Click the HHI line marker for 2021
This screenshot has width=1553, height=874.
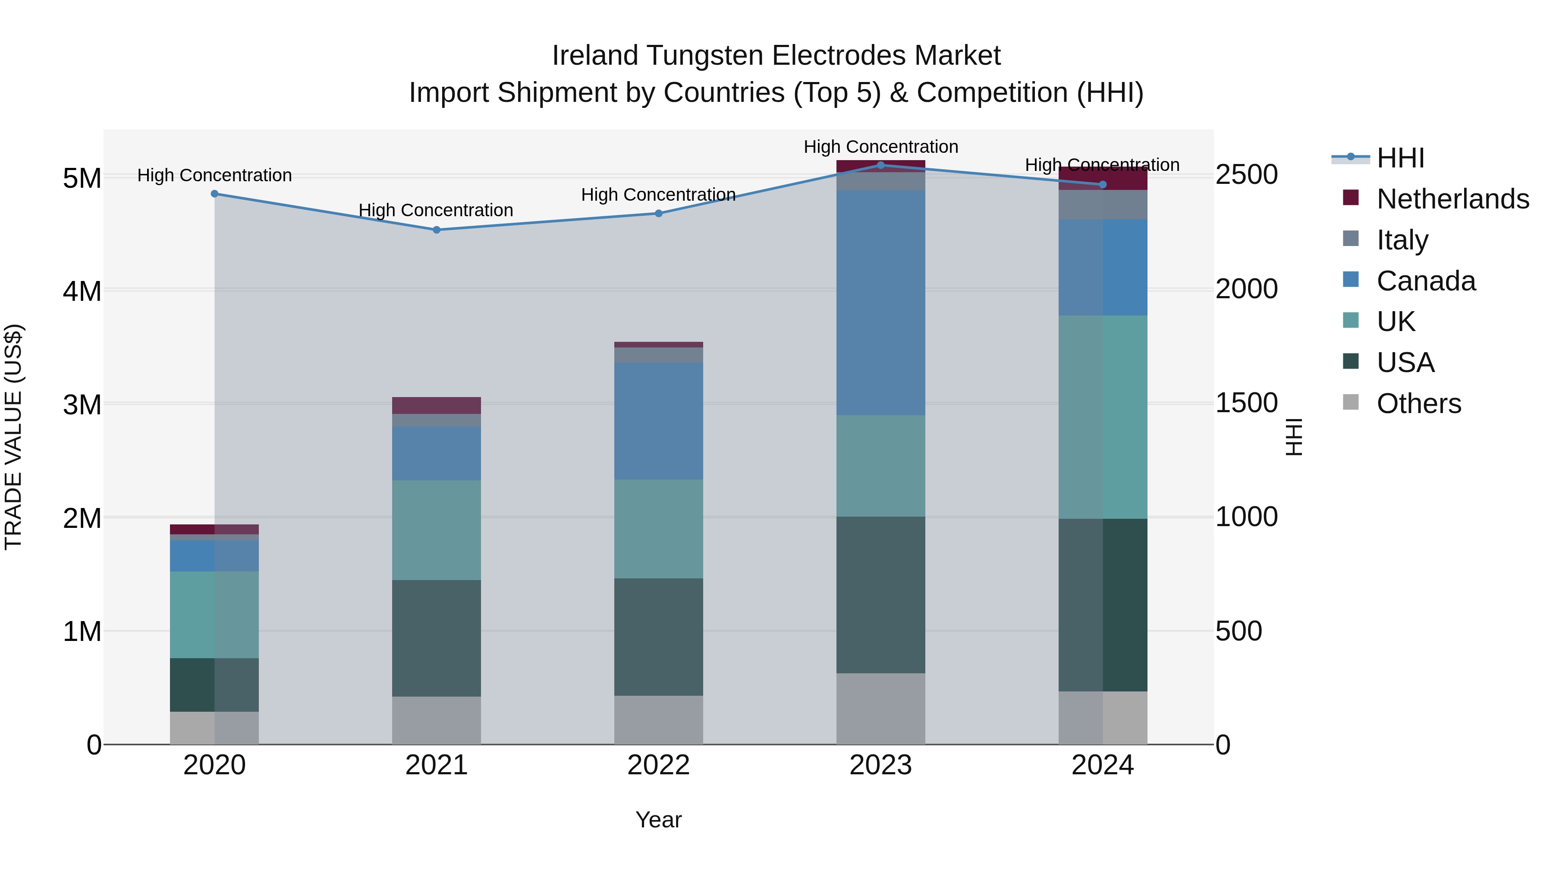pos(437,230)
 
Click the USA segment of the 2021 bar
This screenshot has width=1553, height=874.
pos(437,638)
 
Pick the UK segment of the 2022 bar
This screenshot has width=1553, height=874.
pos(658,529)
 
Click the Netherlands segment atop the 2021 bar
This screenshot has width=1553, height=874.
pos(437,405)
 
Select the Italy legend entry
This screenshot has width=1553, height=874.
pos(1402,240)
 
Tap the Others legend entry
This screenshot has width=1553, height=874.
pos(1418,404)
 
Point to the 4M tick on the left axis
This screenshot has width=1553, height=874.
pos(82,291)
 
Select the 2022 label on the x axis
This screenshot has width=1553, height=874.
pos(658,765)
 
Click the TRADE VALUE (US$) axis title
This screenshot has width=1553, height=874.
pos(13,437)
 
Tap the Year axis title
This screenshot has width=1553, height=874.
pos(658,820)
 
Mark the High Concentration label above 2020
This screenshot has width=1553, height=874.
pos(215,176)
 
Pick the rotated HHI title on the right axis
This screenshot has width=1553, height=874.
pos(1294,437)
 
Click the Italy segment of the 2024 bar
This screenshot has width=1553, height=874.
pos(1103,205)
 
